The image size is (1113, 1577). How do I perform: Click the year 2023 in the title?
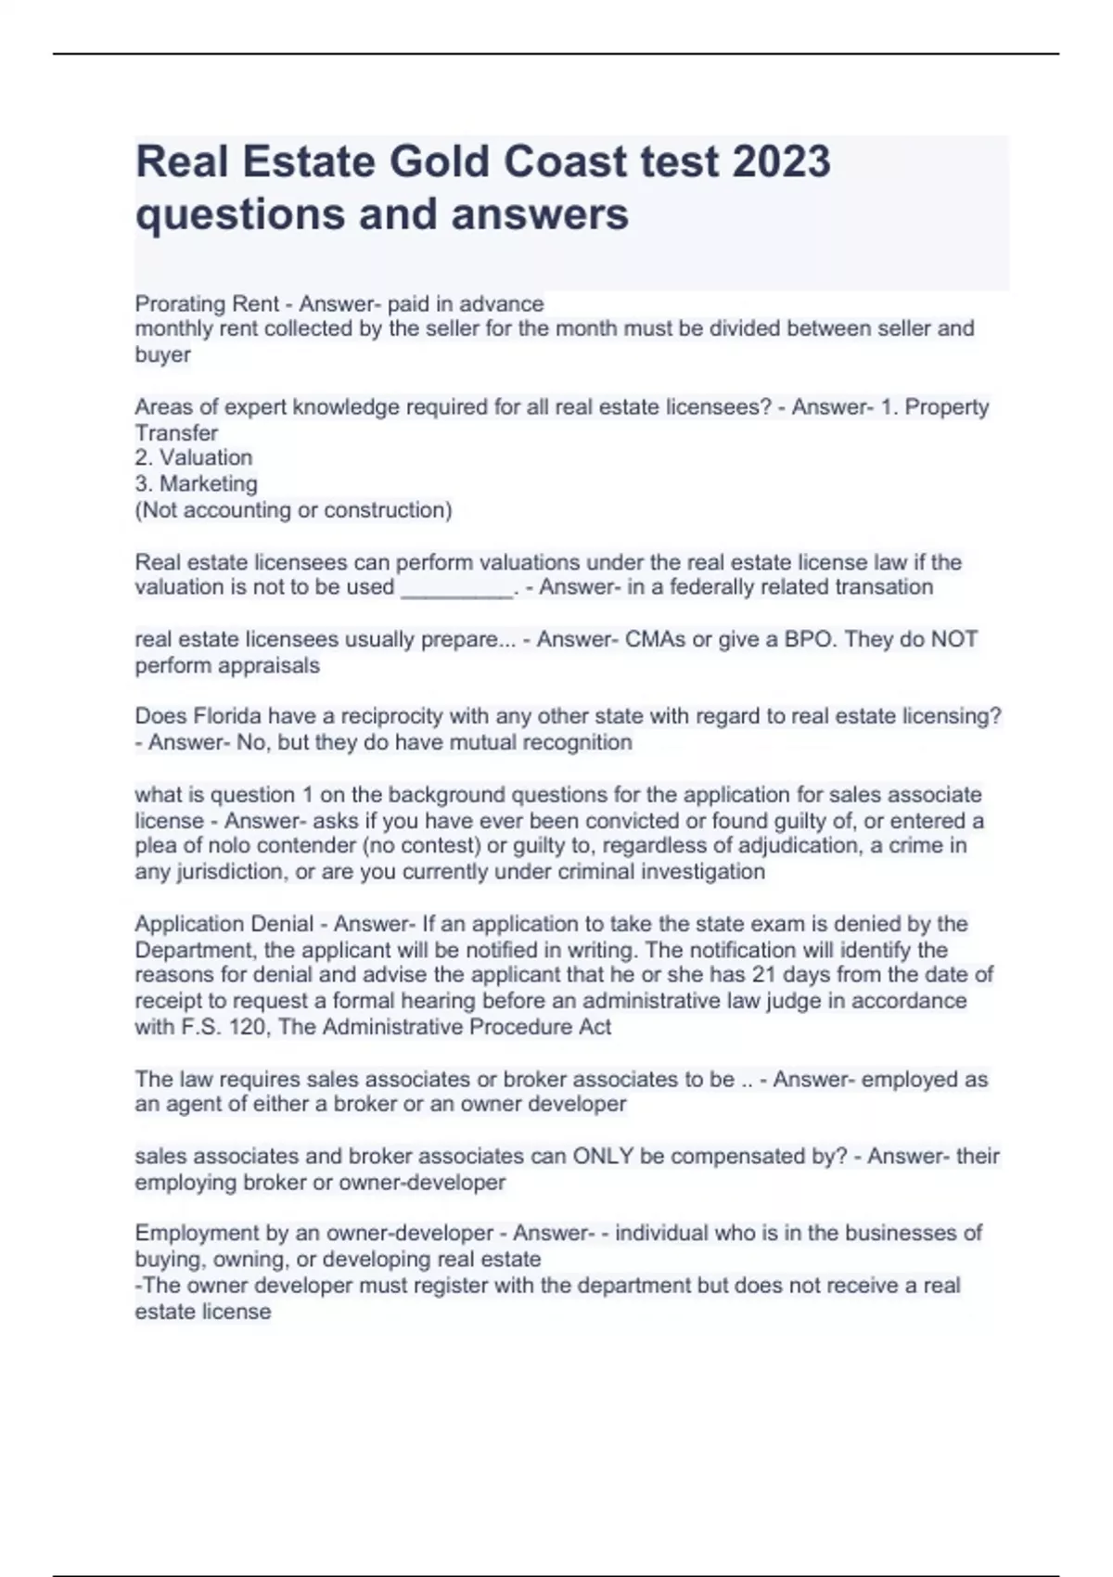click(781, 161)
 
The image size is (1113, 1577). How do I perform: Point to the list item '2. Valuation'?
click(194, 457)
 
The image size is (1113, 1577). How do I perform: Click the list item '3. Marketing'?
click(197, 483)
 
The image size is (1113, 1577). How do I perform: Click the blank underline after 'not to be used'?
click(456, 588)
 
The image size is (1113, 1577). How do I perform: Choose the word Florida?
click(227, 716)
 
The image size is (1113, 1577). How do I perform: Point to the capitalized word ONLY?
click(603, 1157)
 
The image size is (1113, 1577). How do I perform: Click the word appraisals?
click(275, 665)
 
